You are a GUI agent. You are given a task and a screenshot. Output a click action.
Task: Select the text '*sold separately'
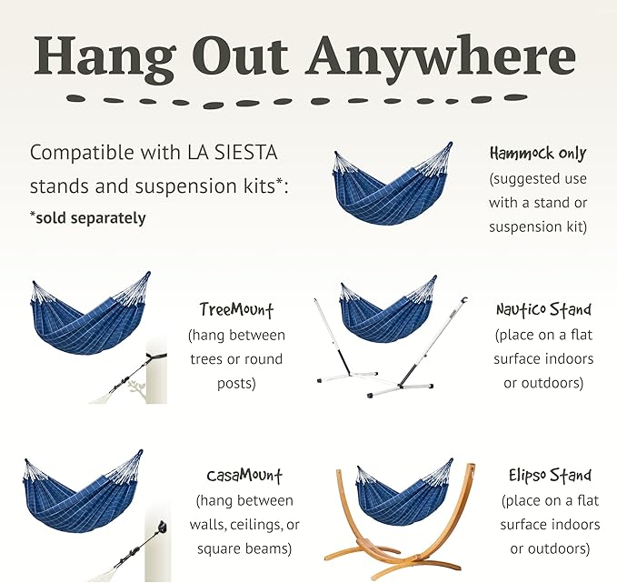pyautogui.click(x=88, y=218)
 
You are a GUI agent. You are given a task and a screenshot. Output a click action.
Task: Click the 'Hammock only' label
pyautogui.click(x=538, y=154)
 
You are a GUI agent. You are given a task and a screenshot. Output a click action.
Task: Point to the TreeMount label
pyautogui.click(x=236, y=309)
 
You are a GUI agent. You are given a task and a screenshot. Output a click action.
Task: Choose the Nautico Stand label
pyautogui.click(x=544, y=310)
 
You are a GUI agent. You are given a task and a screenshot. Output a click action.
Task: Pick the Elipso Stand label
pyautogui.click(x=551, y=476)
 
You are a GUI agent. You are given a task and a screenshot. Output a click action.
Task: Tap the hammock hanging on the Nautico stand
pyautogui.click(x=388, y=316)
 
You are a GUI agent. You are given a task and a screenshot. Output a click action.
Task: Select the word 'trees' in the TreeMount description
pyautogui.click(x=210, y=358)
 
